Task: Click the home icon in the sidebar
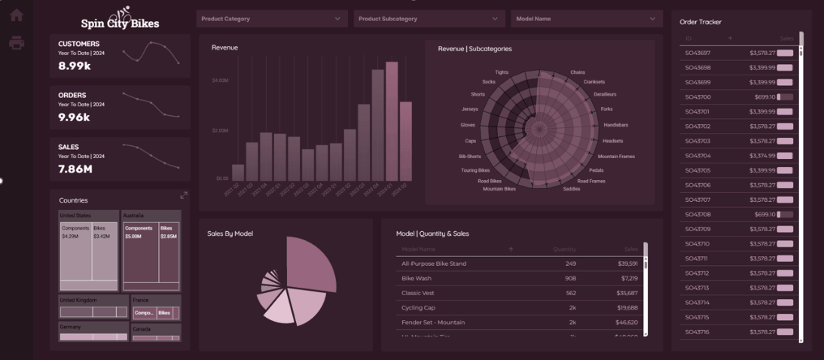[x=16, y=15]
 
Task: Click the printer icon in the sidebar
[x=16, y=43]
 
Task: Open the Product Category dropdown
[x=270, y=19]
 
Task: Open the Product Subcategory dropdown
[x=428, y=19]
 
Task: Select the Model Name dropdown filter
[x=585, y=19]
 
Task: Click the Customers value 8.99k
[x=75, y=66]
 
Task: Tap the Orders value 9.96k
[x=74, y=117]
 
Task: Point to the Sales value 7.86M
[x=75, y=169]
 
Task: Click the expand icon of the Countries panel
[x=184, y=195]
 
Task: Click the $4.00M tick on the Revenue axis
[x=220, y=81]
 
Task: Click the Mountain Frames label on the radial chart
[x=616, y=157]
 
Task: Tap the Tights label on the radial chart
[x=501, y=72]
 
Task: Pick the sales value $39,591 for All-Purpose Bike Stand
[x=626, y=264]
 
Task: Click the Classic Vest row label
[x=419, y=293]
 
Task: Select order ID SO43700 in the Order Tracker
[x=697, y=97]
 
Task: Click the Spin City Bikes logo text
[x=120, y=23]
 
